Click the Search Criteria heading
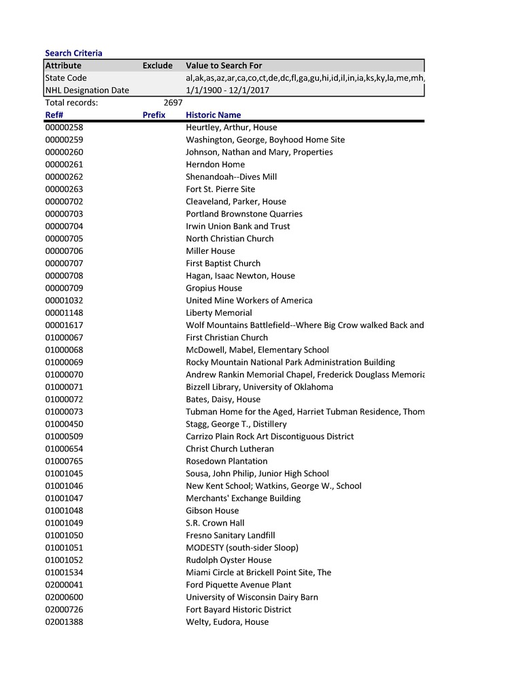pyautogui.click(x=73, y=53)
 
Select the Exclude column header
pyautogui.click(x=157, y=66)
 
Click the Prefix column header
pyautogui.click(x=154, y=115)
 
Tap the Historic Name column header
pyautogui.click(x=213, y=115)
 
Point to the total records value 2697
pyautogui.click(x=173, y=103)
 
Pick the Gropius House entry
pyautogui.click(x=214, y=288)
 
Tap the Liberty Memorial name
pyautogui.click(x=218, y=313)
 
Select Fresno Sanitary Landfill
pyautogui.click(x=230, y=536)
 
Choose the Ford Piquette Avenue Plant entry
pyautogui.click(x=238, y=585)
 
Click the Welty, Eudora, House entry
pyautogui.click(x=227, y=622)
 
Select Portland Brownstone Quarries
pyautogui.click(x=244, y=214)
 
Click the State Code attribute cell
pyautogui.click(x=66, y=78)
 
